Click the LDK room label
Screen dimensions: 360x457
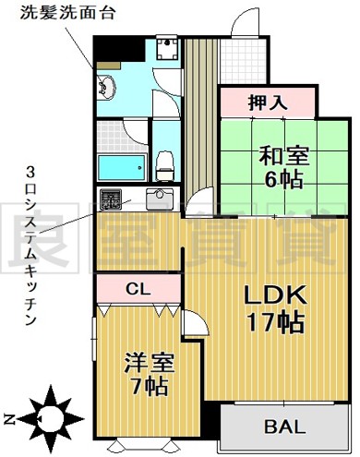[275, 295]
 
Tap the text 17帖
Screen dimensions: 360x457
[276, 322]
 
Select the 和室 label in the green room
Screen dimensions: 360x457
[283, 156]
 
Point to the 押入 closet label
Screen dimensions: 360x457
[268, 102]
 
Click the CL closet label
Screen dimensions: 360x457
[138, 289]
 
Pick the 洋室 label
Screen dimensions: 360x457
[150, 363]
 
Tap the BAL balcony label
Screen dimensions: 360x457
[284, 427]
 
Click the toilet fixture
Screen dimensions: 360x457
[164, 165]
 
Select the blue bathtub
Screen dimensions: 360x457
[121, 167]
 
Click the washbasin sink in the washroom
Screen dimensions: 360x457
[106, 87]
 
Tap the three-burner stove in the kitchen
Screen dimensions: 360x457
[110, 199]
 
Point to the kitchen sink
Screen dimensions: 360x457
[160, 198]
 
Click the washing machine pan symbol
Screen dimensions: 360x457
[167, 48]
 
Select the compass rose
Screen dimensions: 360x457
[51, 418]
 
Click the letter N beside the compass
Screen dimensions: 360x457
[9, 419]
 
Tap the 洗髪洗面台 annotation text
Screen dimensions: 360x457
[68, 14]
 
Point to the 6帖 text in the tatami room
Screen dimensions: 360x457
[283, 179]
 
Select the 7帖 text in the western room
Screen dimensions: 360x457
[149, 386]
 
